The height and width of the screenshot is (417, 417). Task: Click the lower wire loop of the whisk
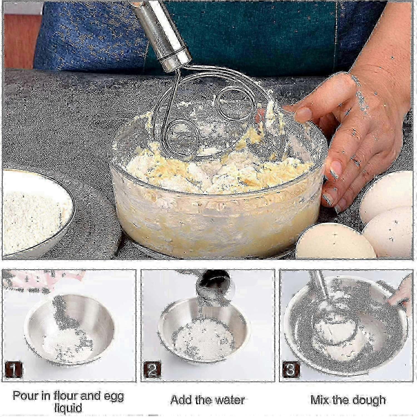(x=170, y=131)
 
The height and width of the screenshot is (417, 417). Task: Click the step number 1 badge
(x=13, y=370)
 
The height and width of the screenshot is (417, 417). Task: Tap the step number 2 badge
(x=152, y=370)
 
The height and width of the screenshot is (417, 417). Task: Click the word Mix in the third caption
(x=320, y=400)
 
